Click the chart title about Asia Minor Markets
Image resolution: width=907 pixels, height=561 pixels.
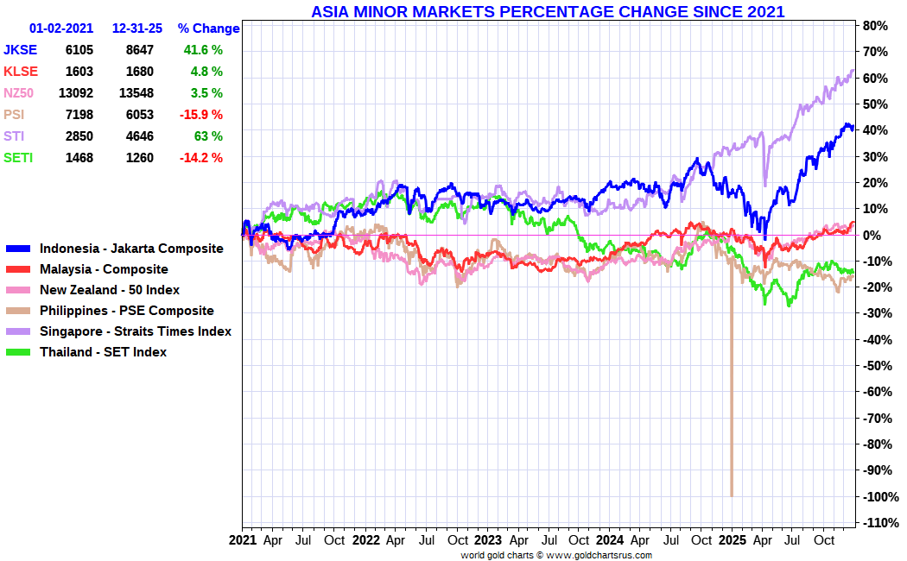point(548,11)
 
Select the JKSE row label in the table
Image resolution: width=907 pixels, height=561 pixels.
point(21,50)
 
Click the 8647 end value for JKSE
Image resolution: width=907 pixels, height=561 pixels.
point(140,50)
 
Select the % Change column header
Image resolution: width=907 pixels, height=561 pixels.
point(208,28)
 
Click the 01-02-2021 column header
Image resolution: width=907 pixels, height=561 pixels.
point(61,28)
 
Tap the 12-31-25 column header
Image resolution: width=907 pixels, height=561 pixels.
point(137,28)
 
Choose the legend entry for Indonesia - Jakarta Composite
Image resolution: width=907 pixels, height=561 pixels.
point(131,249)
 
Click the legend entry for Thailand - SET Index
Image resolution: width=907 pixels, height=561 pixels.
point(103,352)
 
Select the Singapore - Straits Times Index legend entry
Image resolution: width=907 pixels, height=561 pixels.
point(135,331)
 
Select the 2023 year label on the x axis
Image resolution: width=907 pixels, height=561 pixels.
point(487,541)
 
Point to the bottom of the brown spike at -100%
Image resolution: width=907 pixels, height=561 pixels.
point(732,495)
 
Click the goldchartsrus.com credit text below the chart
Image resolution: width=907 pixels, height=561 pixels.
point(556,555)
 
